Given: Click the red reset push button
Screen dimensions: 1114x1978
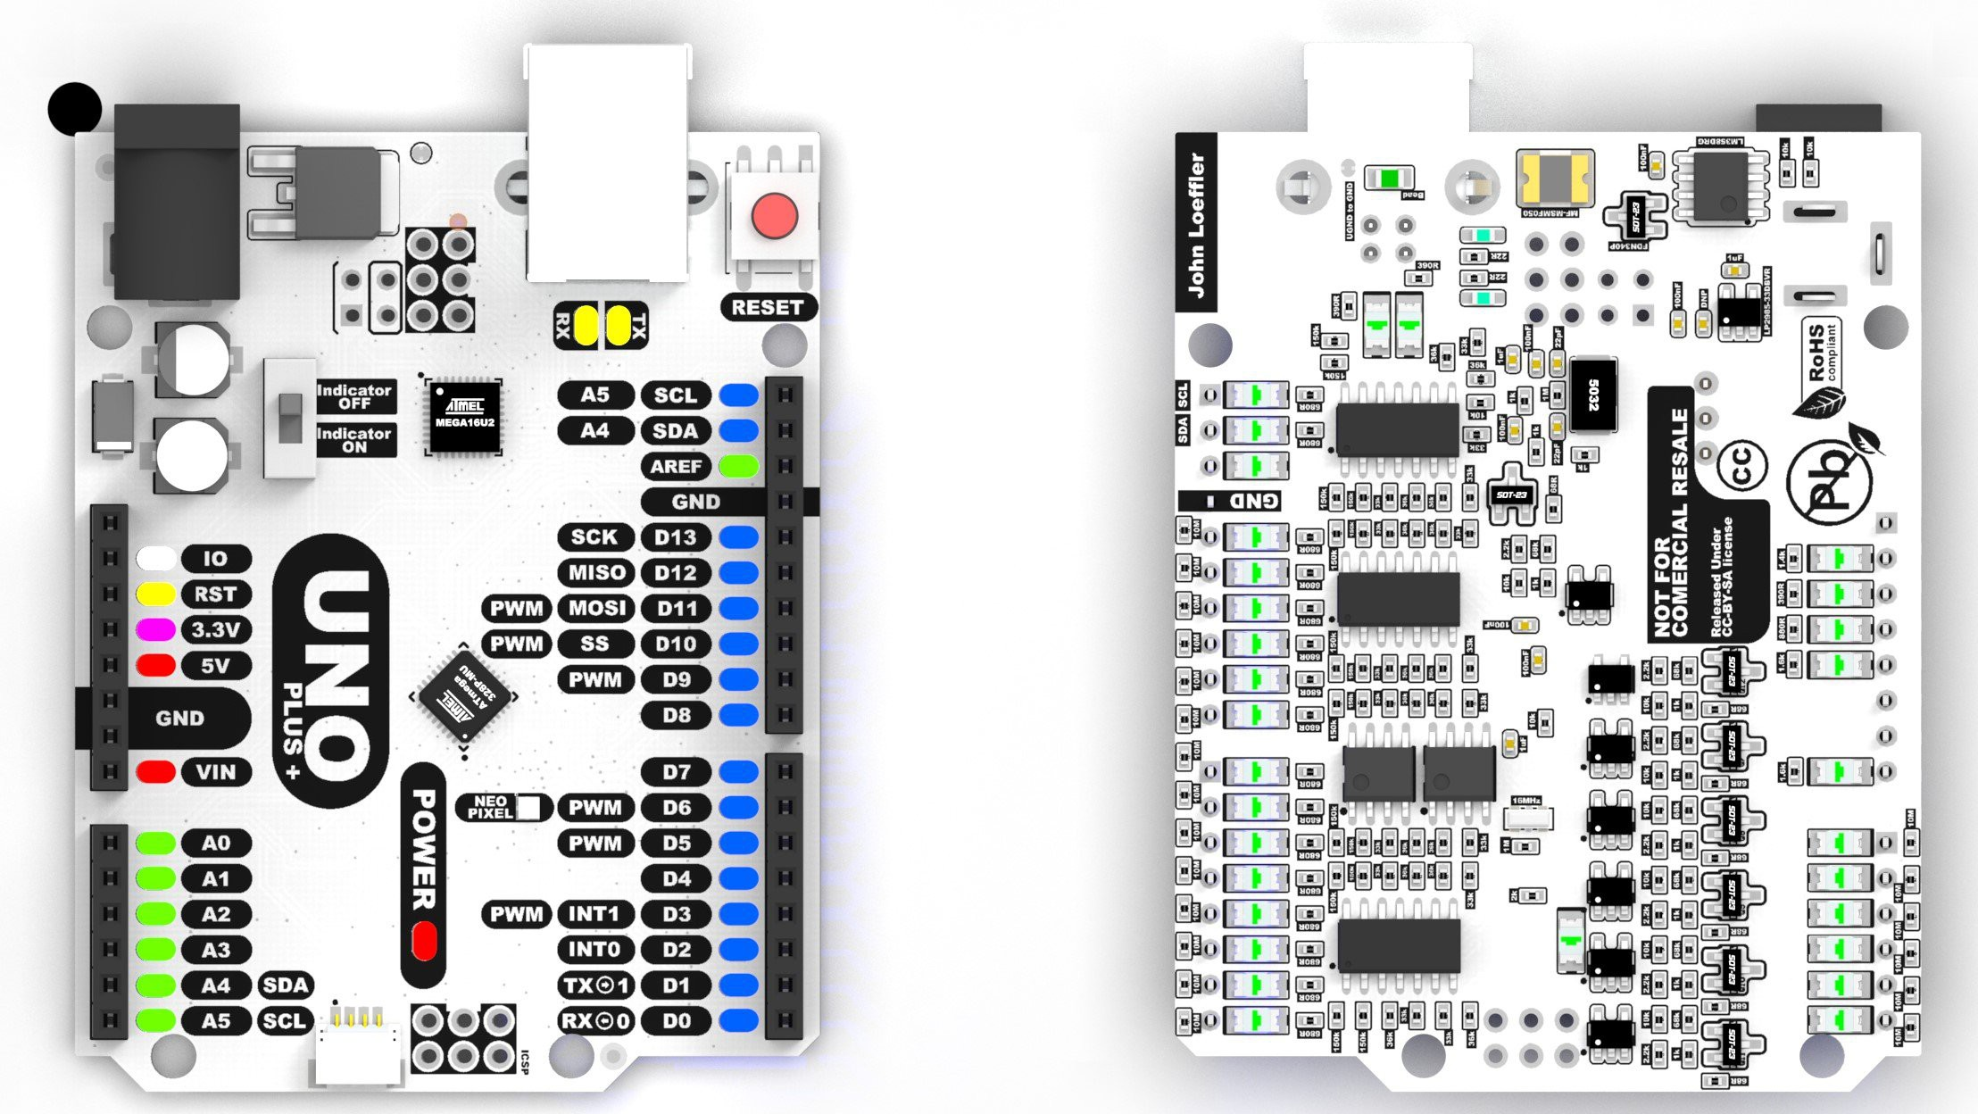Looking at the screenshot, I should pos(774,217).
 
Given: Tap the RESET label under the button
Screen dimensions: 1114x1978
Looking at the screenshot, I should pos(767,307).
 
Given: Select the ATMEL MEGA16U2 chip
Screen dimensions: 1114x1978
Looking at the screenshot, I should pos(464,416).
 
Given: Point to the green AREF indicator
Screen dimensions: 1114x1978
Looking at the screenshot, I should pos(738,466).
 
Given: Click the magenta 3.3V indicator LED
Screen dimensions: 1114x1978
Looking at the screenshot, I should pos(155,630).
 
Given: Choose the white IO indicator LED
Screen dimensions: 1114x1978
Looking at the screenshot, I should pos(155,559).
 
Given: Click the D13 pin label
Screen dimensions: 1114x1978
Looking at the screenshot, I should pos(676,537).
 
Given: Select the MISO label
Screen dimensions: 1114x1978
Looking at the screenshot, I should pos(595,573).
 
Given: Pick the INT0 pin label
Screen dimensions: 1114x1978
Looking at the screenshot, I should pos(594,950).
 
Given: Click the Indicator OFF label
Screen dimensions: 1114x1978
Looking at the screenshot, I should pos(354,396).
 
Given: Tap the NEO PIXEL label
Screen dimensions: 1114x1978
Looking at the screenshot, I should pos(490,807).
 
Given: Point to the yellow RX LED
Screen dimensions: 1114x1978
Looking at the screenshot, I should pos(586,325).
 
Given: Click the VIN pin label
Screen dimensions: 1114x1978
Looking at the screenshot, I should pos(215,772).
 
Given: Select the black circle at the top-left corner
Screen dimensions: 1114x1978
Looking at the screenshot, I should pos(75,109).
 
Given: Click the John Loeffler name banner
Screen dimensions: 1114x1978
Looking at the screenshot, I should pos(1196,223).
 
